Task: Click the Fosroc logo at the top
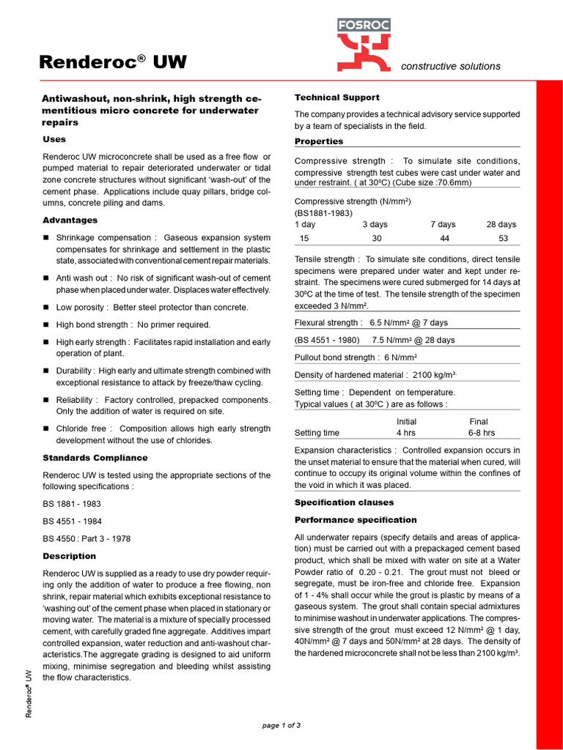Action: pos(364,45)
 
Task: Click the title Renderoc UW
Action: pos(113,63)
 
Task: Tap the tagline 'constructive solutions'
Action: pos(451,66)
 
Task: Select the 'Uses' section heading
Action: pos(54,139)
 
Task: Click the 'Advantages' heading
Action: pos(70,220)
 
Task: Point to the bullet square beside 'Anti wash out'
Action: pos(46,278)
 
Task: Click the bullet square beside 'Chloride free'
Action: pos(46,428)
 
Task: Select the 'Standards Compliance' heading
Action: pos(95,458)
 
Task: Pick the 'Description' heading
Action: pos(70,556)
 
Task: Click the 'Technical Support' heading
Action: pos(336,97)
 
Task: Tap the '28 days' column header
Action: pos(501,224)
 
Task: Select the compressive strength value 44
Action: pos(444,238)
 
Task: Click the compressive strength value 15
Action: pos(305,238)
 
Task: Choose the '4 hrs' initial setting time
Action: pos(406,433)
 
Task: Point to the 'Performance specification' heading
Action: pos(356,520)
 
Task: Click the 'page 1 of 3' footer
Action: pos(281,725)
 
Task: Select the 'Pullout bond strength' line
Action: pos(356,357)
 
